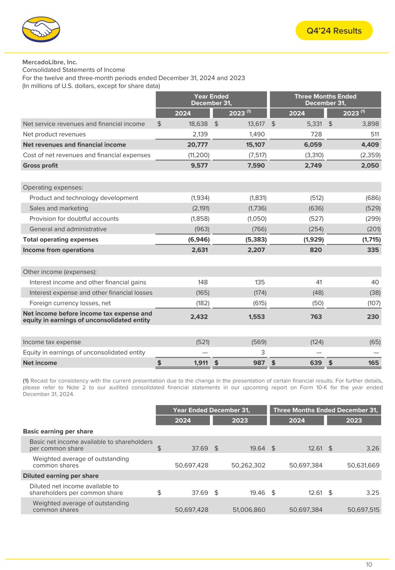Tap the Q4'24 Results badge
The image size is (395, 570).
[x=334, y=31]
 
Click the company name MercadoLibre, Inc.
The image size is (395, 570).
[x=50, y=62]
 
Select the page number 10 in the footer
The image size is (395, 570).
[x=369, y=565]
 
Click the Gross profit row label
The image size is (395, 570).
[x=41, y=165]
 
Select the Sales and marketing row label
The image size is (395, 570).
[x=59, y=208]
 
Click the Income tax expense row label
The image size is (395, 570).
[x=52, y=342]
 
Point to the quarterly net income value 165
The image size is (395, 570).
[x=373, y=363]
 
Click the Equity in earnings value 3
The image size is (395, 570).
[x=263, y=352]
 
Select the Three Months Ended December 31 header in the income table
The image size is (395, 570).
[x=326, y=99]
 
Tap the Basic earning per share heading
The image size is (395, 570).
[x=58, y=431]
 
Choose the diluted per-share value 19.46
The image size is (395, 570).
[x=257, y=493]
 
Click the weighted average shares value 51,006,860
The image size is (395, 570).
[x=248, y=510]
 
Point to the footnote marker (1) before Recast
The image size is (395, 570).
[x=25, y=380]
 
